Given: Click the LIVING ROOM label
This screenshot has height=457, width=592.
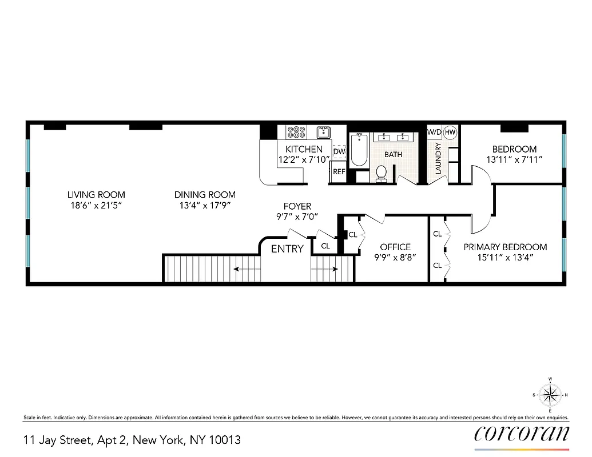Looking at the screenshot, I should [x=96, y=195].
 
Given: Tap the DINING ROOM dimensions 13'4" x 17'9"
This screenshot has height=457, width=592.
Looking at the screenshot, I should [x=205, y=205].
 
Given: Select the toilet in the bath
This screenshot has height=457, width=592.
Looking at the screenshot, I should [x=382, y=173].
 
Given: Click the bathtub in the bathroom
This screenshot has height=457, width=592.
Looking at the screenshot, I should [x=359, y=150].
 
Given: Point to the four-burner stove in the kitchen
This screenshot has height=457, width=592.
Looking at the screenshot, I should [x=296, y=133].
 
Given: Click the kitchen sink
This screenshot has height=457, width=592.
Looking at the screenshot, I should [x=324, y=133].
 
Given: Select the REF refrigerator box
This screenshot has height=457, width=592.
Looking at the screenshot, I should [x=339, y=171].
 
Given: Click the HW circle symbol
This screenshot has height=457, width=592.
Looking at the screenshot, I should [x=450, y=132].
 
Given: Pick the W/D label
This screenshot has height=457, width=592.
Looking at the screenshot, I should [x=434, y=132].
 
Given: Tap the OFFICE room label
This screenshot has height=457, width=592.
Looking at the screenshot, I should [x=395, y=247].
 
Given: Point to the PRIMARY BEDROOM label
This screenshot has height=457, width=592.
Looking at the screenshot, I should [x=505, y=247].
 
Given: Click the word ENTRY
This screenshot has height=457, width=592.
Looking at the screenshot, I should [x=287, y=248].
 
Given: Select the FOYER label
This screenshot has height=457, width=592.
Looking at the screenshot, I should [x=297, y=206].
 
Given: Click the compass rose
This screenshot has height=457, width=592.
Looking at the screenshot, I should [x=550, y=394].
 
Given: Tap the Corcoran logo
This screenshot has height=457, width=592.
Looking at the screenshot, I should [x=521, y=434].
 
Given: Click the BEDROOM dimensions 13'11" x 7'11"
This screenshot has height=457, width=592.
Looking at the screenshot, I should [x=514, y=160].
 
